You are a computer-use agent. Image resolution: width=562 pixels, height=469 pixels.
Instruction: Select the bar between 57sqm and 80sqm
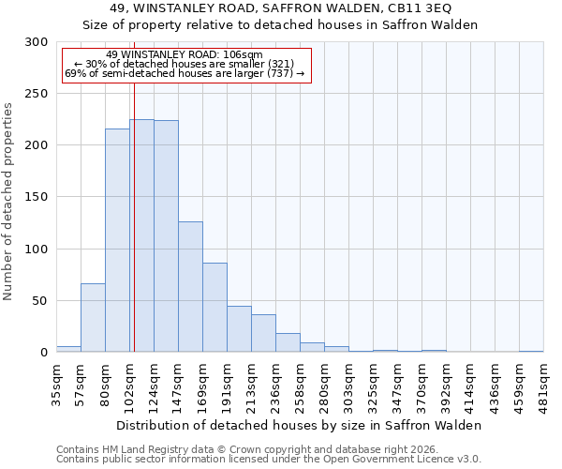[x=93, y=317]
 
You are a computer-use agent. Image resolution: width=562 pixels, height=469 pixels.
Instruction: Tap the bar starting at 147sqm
[x=190, y=286]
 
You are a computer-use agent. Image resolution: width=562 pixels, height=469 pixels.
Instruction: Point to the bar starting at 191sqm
[x=239, y=328]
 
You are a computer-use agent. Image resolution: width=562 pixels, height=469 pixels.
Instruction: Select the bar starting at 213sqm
[x=263, y=333]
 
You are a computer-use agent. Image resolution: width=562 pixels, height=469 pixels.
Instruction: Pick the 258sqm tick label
[x=300, y=386]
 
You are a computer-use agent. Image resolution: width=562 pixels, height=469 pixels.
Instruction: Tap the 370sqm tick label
[x=421, y=386]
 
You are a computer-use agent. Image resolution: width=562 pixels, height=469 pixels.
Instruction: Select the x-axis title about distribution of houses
[x=300, y=425]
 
